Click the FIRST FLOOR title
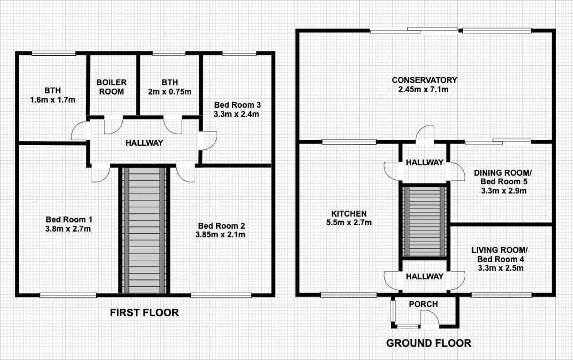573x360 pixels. pos(145,313)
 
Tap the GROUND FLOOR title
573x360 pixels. pos(428,343)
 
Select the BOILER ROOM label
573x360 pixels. pos(112,87)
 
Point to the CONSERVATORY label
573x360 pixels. pos(424,79)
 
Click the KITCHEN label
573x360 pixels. pos(349,214)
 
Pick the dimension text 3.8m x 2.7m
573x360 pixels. pos(68,229)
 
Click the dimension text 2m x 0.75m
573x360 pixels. pos(169,92)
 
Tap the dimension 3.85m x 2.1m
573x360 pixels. pos(221,234)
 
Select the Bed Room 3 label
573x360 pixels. pos(237,105)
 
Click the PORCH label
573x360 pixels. pos(423,304)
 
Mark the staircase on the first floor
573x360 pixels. pos(145,230)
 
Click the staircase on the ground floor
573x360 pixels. pos(424,222)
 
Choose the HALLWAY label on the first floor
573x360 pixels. pos(145,143)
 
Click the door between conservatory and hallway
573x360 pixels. pos(424,133)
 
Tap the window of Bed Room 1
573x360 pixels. pos(68,295)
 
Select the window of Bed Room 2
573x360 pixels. pos(221,295)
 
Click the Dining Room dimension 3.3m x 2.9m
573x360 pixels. pos(504,191)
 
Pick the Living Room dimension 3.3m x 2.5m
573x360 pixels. pos(500,268)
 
